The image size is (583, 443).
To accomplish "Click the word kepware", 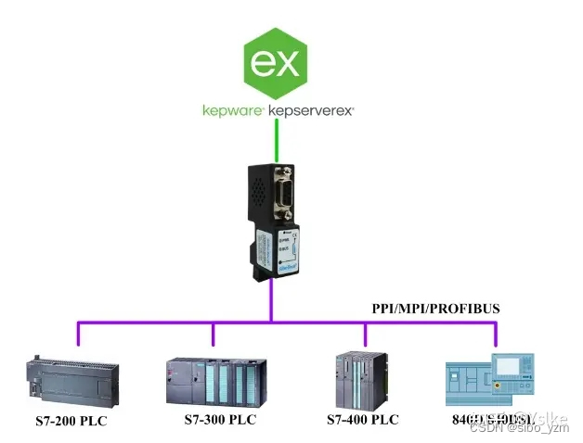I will [232, 110].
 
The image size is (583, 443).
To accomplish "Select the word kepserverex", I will [311, 110].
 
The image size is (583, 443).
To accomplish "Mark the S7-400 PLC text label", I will [362, 420].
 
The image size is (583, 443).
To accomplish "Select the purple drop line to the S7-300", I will [213, 335].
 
